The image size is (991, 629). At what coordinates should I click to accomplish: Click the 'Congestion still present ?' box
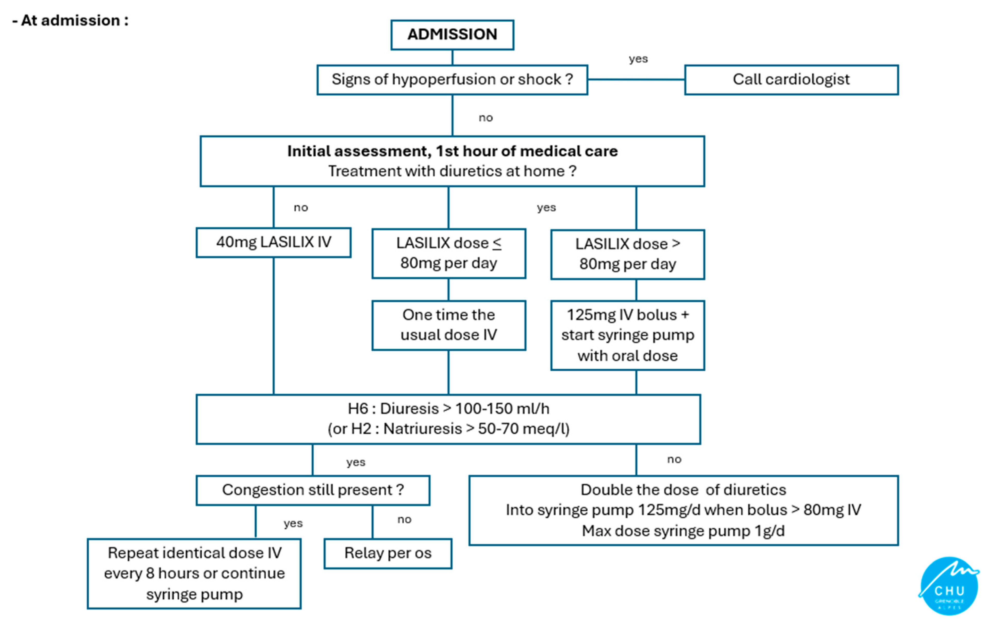click(x=313, y=490)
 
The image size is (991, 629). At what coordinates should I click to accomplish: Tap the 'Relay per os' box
click(x=387, y=553)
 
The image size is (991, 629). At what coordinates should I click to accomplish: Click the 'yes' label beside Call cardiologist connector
click(x=638, y=59)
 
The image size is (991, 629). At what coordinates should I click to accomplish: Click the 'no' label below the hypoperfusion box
click(x=486, y=118)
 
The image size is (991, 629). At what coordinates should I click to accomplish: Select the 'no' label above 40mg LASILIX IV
click(x=301, y=208)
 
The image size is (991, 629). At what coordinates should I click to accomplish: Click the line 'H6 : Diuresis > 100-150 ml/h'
click(x=448, y=409)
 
